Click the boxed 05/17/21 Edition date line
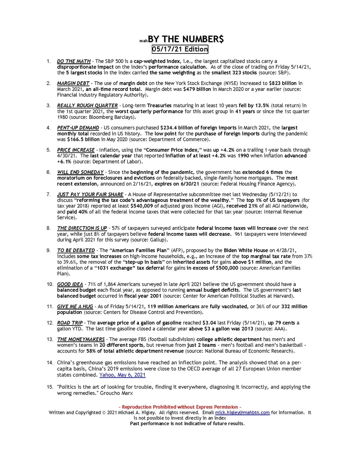coord(180,49)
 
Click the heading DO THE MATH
coord(74,61)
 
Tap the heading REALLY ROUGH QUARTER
coord(87,106)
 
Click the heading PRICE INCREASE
coord(76,150)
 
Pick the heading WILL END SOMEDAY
coord(80,172)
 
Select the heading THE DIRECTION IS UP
coord(82,228)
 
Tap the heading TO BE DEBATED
coord(76,250)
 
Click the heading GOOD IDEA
coord(70,284)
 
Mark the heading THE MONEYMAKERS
coord(81,340)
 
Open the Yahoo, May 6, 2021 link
coord(122,375)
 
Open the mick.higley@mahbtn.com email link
coord(242,412)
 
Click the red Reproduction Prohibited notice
coord(180,407)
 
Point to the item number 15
coord(49,387)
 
